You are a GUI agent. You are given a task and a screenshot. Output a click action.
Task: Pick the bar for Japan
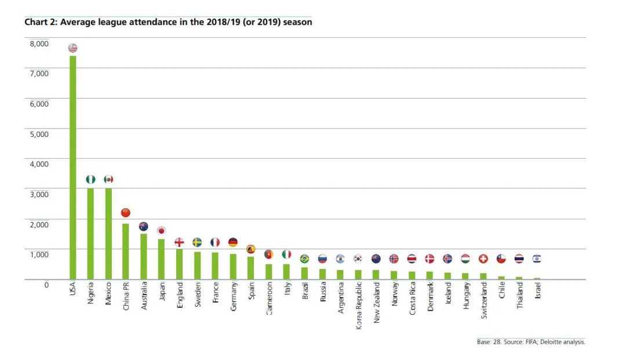(x=161, y=259)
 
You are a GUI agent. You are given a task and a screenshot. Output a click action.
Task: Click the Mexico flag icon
(x=108, y=179)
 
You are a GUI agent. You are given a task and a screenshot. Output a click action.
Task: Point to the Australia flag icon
(x=144, y=226)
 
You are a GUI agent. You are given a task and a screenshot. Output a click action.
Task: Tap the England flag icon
(x=179, y=242)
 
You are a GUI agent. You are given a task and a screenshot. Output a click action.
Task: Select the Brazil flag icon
(x=304, y=259)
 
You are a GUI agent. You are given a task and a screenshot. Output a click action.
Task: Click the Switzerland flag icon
(x=483, y=259)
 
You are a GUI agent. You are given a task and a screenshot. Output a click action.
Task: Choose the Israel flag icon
(x=537, y=259)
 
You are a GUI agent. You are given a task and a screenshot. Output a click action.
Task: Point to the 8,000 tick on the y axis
(x=39, y=43)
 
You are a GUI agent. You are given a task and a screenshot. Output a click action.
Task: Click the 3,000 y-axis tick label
(x=39, y=194)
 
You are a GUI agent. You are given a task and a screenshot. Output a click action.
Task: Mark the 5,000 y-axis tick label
(x=39, y=134)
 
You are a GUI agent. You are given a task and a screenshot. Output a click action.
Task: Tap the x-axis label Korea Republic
(x=358, y=306)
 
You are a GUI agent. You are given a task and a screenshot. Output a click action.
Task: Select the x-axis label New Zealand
(x=376, y=303)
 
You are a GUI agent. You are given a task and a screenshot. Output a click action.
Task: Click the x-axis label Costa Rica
(x=412, y=299)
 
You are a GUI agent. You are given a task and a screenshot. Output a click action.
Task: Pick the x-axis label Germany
(x=233, y=297)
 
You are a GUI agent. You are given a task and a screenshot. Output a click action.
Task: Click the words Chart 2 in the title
(x=40, y=23)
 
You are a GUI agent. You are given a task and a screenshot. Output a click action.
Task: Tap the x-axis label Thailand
(x=519, y=296)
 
